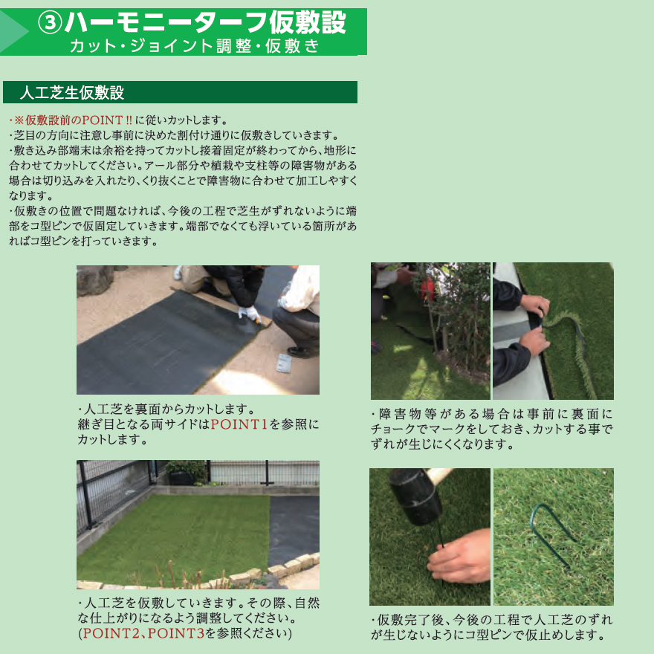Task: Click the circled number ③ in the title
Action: click(51, 23)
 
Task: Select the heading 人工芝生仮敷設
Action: click(72, 93)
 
